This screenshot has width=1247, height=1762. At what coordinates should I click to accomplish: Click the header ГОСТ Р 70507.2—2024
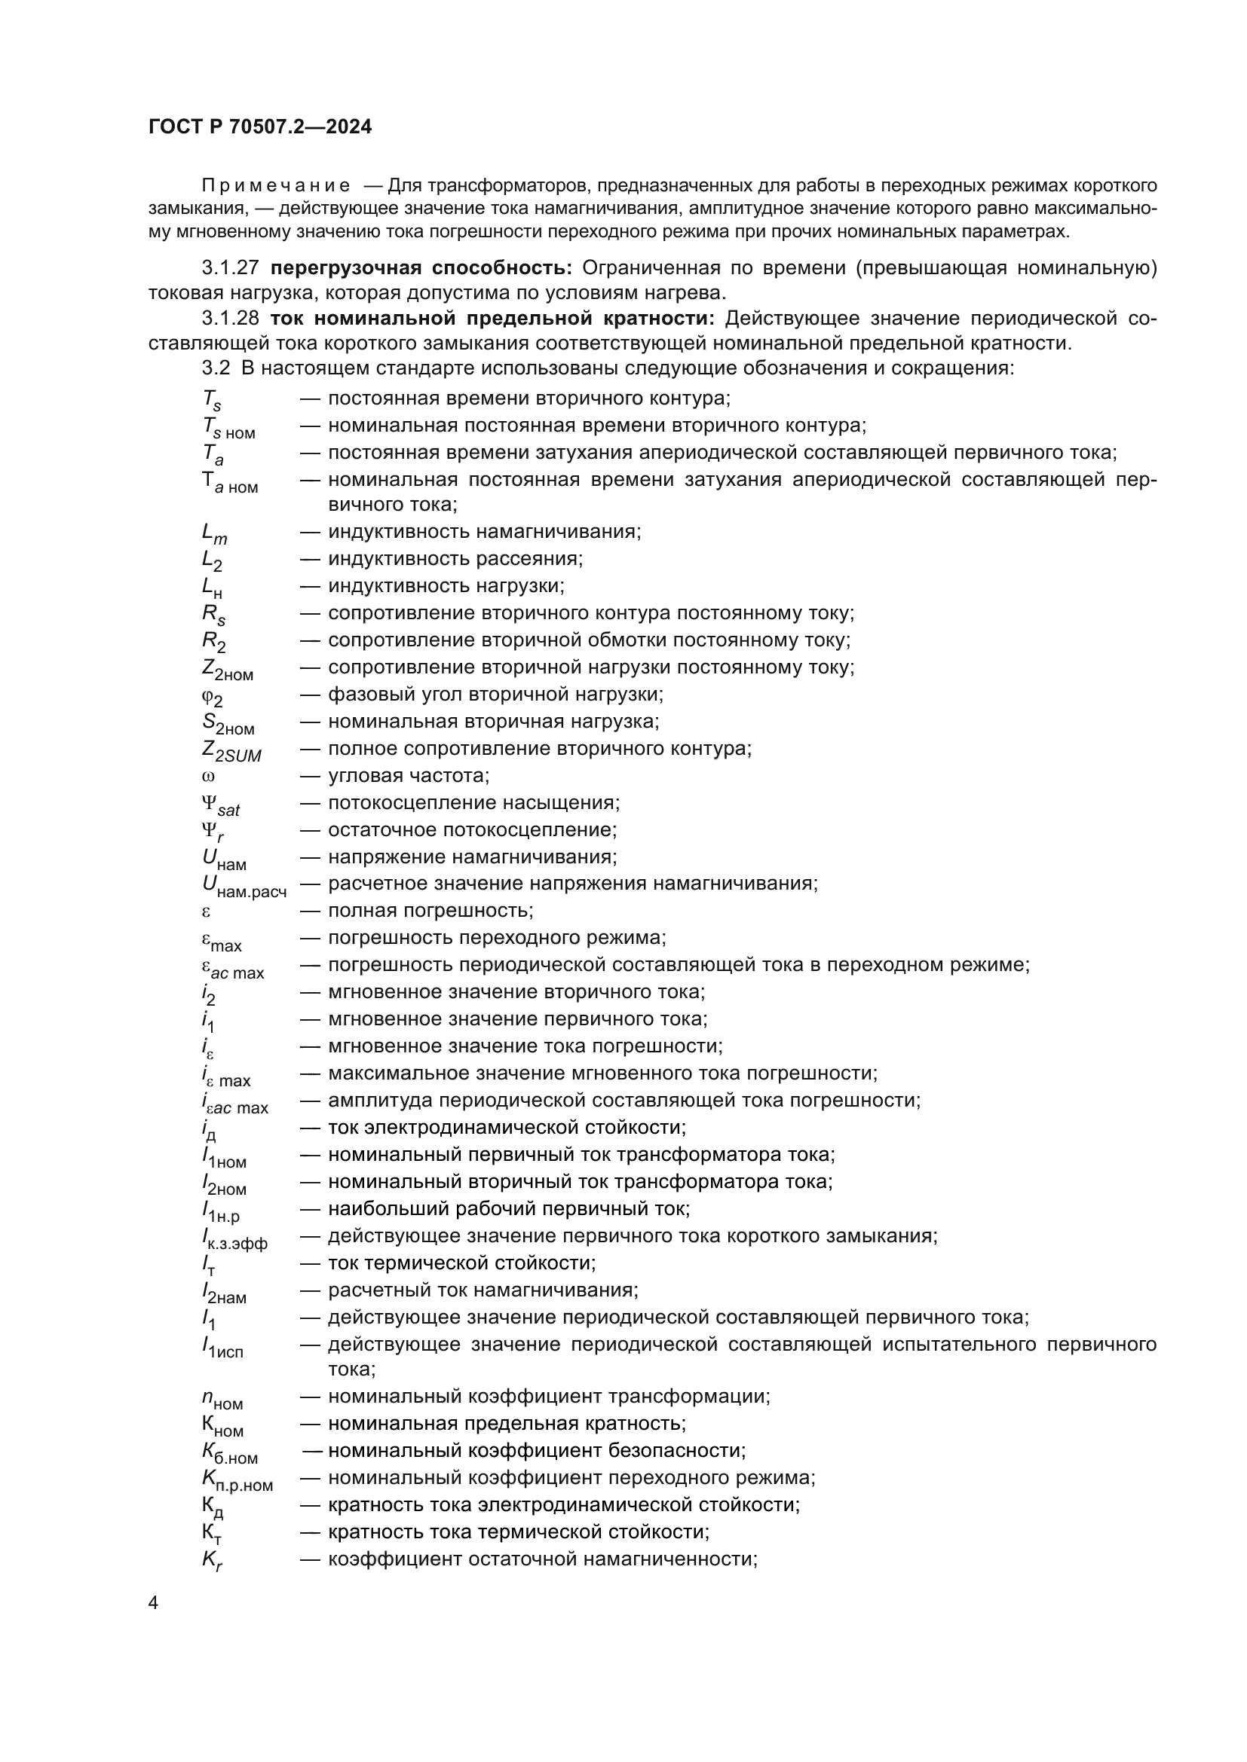pyautogui.click(x=259, y=127)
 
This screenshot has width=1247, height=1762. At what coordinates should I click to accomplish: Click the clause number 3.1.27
pyautogui.click(x=231, y=268)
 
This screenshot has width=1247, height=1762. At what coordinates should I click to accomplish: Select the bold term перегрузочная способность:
pyautogui.click(x=421, y=268)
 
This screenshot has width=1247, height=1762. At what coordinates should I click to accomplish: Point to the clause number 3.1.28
pyautogui.click(x=231, y=318)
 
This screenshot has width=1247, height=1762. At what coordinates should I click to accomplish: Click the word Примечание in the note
pyautogui.click(x=276, y=186)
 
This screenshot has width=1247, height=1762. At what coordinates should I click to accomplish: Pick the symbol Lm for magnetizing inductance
pyautogui.click(x=214, y=533)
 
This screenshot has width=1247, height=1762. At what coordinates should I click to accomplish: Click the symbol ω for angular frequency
pyautogui.click(x=208, y=776)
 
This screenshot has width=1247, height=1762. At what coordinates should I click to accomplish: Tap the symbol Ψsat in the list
pyautogui.click(x=220, y=805)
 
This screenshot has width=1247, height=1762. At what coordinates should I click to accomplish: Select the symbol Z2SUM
pyautogui.click(x=231, y=751)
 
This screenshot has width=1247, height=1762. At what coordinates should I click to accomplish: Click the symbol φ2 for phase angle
pyautogui.click(x=212, y=697)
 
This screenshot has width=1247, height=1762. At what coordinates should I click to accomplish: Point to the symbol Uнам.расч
pyautogui.click(x=244, y=887)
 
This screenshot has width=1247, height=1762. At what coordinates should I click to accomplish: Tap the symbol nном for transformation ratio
pyautogui.click(x=222, y=1399)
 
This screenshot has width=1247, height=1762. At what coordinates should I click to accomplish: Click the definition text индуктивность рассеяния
pyautogui.click(x=455, y=559)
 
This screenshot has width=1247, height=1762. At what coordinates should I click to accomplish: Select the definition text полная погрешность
pyautogui.click(x=430, y=911)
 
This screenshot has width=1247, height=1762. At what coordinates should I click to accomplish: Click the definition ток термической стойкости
pyautogui.click(x=461, y=1263)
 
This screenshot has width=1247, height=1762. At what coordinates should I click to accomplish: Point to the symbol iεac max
pyautogui.click(x=234, y=1104)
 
